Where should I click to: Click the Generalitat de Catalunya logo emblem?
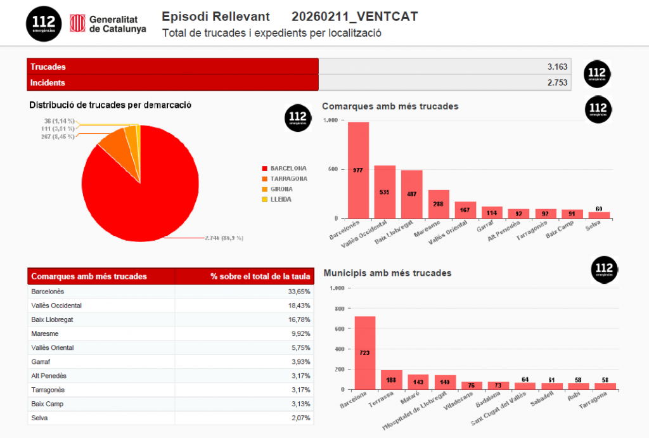77,24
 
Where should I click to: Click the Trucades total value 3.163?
557,67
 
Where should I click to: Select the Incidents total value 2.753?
557,82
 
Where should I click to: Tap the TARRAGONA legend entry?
288,179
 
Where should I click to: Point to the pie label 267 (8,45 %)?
58,136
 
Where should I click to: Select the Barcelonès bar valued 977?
358,170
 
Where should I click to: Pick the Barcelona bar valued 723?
364,352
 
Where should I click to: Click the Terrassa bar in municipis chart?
391,380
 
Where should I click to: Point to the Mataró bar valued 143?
418,382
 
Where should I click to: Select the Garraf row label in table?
40,362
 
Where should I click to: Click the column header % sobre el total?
260,276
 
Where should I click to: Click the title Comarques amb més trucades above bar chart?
390,106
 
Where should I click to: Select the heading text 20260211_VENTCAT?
354,16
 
